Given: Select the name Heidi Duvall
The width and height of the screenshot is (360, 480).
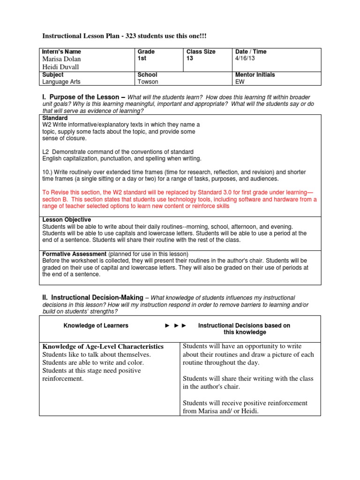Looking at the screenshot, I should click(x=61, y=67).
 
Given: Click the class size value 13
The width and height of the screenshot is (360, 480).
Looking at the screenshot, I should click(x=190, y=59).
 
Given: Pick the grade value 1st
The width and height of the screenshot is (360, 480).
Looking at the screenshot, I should click(x=142, y=59).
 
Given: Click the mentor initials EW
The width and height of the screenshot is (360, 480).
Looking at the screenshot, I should click(x=239, y=82).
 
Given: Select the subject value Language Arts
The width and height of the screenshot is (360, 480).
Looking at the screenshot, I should click(x=61, y=82).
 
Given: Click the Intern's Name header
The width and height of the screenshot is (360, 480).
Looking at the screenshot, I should click(x=61, y=52).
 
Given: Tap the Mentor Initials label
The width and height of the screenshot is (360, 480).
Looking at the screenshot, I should click(x=255, y=75).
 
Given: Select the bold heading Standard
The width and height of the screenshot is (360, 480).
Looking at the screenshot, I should click(x=55, y=118).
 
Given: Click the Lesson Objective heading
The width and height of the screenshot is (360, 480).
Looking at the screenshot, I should click(x=67, y=219).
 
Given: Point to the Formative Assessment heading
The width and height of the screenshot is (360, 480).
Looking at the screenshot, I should click(x=75, y=254).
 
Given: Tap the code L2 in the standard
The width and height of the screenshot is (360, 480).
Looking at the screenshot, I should click(x=46, y=152).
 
